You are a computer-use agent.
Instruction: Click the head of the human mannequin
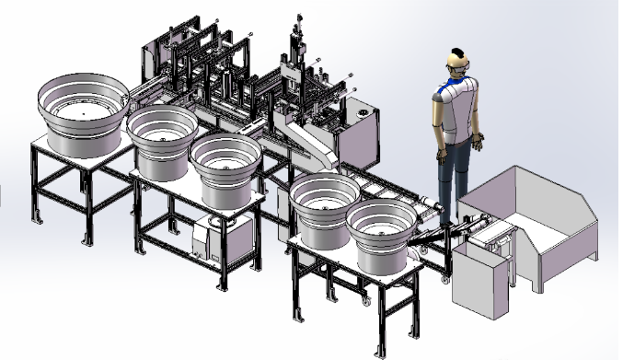tap(456, 62)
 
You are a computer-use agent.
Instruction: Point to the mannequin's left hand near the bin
tap(479, 143)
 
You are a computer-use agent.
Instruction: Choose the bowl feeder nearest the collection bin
tap(379, 233)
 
